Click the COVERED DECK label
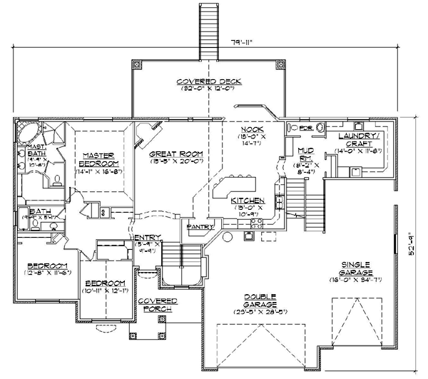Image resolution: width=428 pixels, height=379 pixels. pyautogui.click(x=210, y=82)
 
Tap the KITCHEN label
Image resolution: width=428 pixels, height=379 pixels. pyautogui.click(x=248, y=201)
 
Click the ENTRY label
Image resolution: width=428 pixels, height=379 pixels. pyautogui.click(x=147, y=237)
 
